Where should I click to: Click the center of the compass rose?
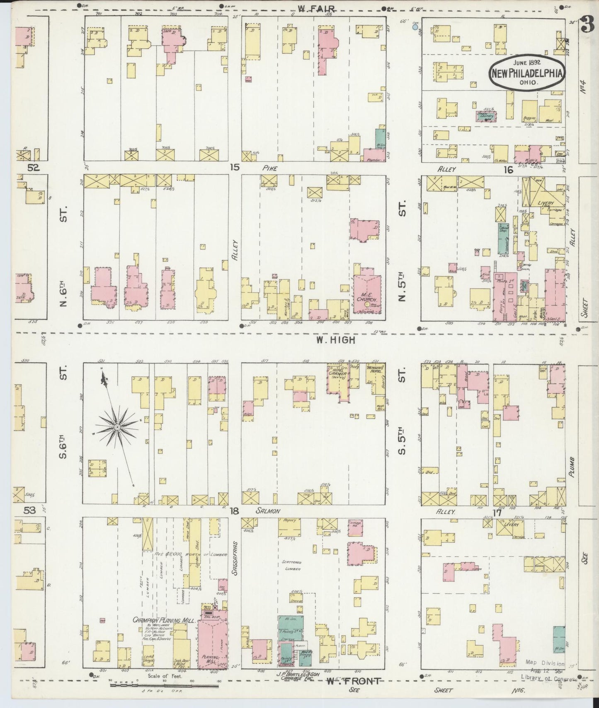(117, 426)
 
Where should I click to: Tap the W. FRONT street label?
(353, 681)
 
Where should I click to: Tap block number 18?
(235, 511)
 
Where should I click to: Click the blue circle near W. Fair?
(416, 27)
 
